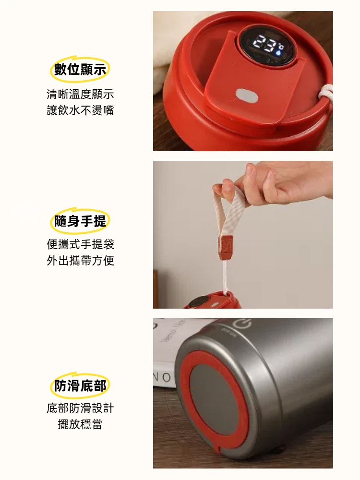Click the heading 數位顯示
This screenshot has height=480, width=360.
coord(80,70)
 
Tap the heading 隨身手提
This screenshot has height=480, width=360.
coord(80,221)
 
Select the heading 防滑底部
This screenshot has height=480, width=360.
coord(80,385)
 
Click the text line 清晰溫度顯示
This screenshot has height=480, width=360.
coord(80,94)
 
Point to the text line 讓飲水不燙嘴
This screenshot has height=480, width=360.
coord(80,110)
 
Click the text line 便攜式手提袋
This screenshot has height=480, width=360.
coord(80,244)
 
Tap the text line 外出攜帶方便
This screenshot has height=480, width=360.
coord(80,261)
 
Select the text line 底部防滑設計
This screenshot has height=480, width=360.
coord(80,408)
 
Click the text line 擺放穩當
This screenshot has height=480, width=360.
coord(80,424)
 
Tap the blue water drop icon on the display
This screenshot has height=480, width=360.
coord(278,52)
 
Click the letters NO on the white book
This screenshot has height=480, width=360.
coord(163,377)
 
